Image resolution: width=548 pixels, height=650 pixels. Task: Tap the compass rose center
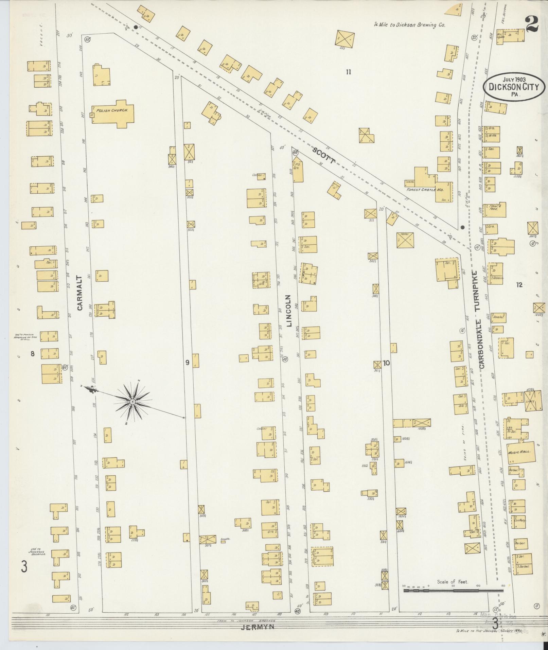tap(132, 402)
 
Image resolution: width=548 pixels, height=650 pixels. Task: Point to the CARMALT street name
tap(80, 293)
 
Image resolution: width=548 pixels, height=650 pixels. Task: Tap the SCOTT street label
tap(323, 156)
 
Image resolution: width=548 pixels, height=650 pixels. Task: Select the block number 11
tap(348, 72)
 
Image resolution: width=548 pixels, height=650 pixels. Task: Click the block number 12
tap(519, 285)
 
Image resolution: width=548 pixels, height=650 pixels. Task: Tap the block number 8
tap(33, 354)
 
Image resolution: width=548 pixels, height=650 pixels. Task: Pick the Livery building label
tap(530, 401)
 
